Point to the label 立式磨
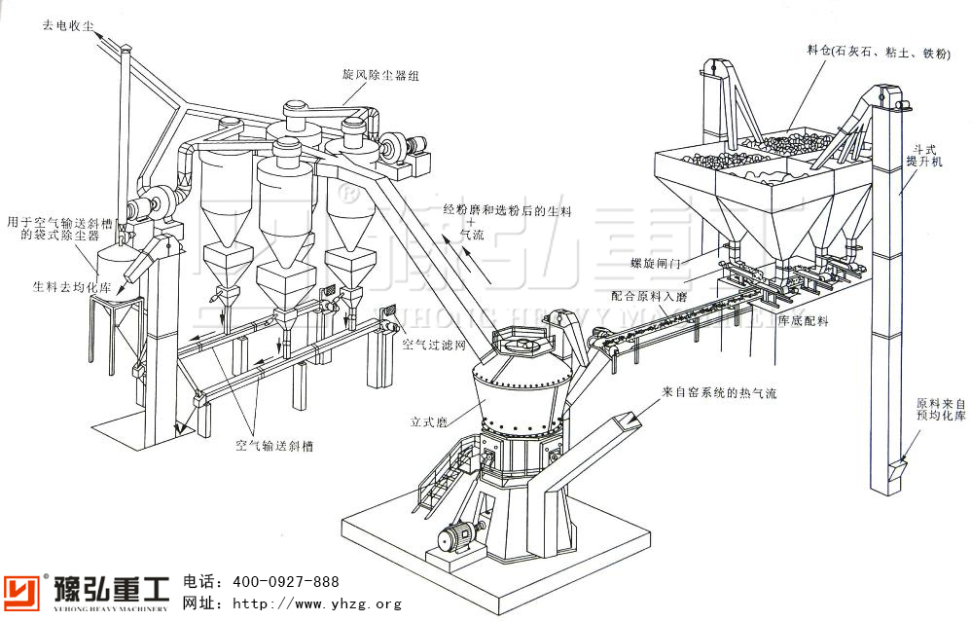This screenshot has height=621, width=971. click(426, 422)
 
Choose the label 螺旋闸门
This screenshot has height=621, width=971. click(651, 263)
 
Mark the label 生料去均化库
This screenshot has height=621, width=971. click(58, 287)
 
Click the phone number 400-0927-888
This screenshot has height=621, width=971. click(284, 582)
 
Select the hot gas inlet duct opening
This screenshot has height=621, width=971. click(626, 420)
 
